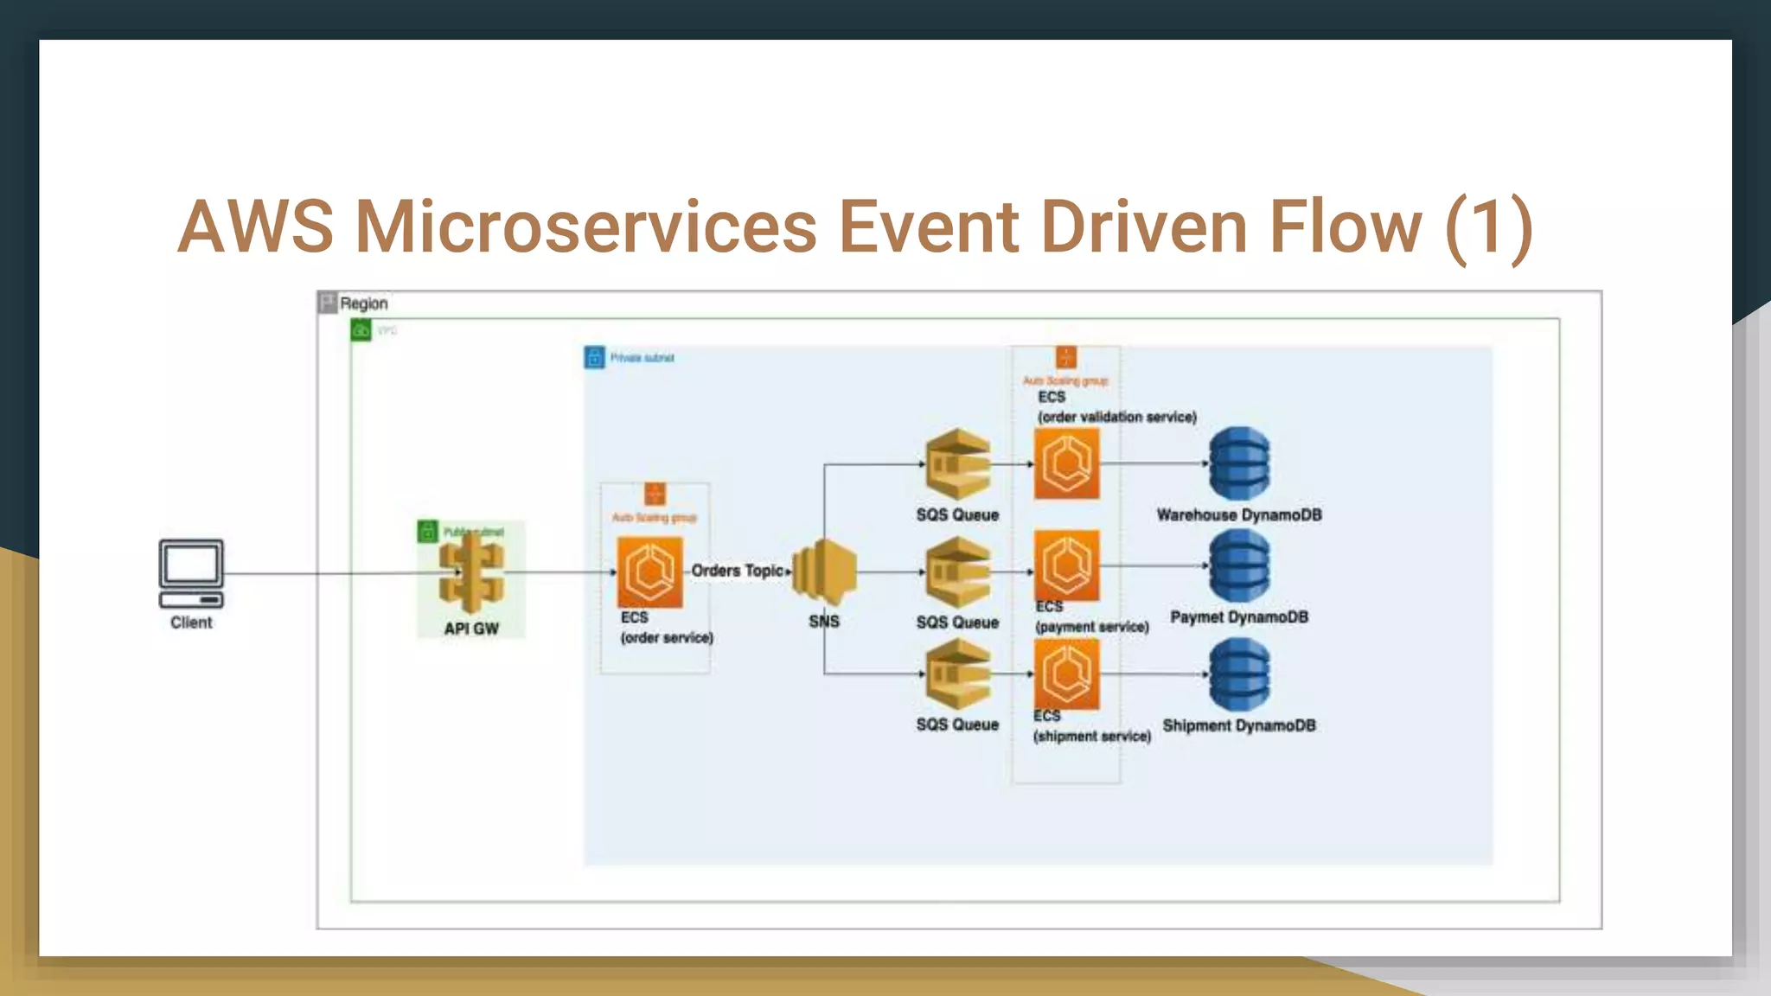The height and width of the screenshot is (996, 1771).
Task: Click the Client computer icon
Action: tap(191, 573)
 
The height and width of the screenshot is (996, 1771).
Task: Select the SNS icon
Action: tap(824, 571)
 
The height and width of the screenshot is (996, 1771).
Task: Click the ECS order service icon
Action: tap(649, 571)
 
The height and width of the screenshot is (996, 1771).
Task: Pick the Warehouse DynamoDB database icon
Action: tap(1239, 463)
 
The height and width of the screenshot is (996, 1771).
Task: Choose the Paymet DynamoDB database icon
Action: tap(1239, 565)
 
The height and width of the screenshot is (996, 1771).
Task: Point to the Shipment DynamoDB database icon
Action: tap(1239, 674)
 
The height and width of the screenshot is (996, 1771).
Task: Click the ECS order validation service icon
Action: tap(1067, 463)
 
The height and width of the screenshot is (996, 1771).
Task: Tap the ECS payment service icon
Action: tap(1067, 565)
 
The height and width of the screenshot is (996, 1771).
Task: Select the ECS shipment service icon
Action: tap(1067, 674)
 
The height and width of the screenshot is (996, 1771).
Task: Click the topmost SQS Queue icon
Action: tap(957, 463)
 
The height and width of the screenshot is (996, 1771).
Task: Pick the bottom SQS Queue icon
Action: tap(957, 674)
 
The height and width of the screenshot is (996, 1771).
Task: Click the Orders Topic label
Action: tap(738, 571)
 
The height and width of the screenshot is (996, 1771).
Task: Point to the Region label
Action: tap(363, 303)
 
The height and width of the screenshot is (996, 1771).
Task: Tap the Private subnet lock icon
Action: tap(594, 357)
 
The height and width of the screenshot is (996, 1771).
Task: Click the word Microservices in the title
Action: tap(585, 227)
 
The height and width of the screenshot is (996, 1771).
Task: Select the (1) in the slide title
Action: tap(1488, 227)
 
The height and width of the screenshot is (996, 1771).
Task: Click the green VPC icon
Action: tap(361, 330)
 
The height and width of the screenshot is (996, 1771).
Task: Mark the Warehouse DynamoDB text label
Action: tap(1239, 515)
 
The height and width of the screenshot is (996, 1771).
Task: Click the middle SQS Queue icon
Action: tap(957, 571)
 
